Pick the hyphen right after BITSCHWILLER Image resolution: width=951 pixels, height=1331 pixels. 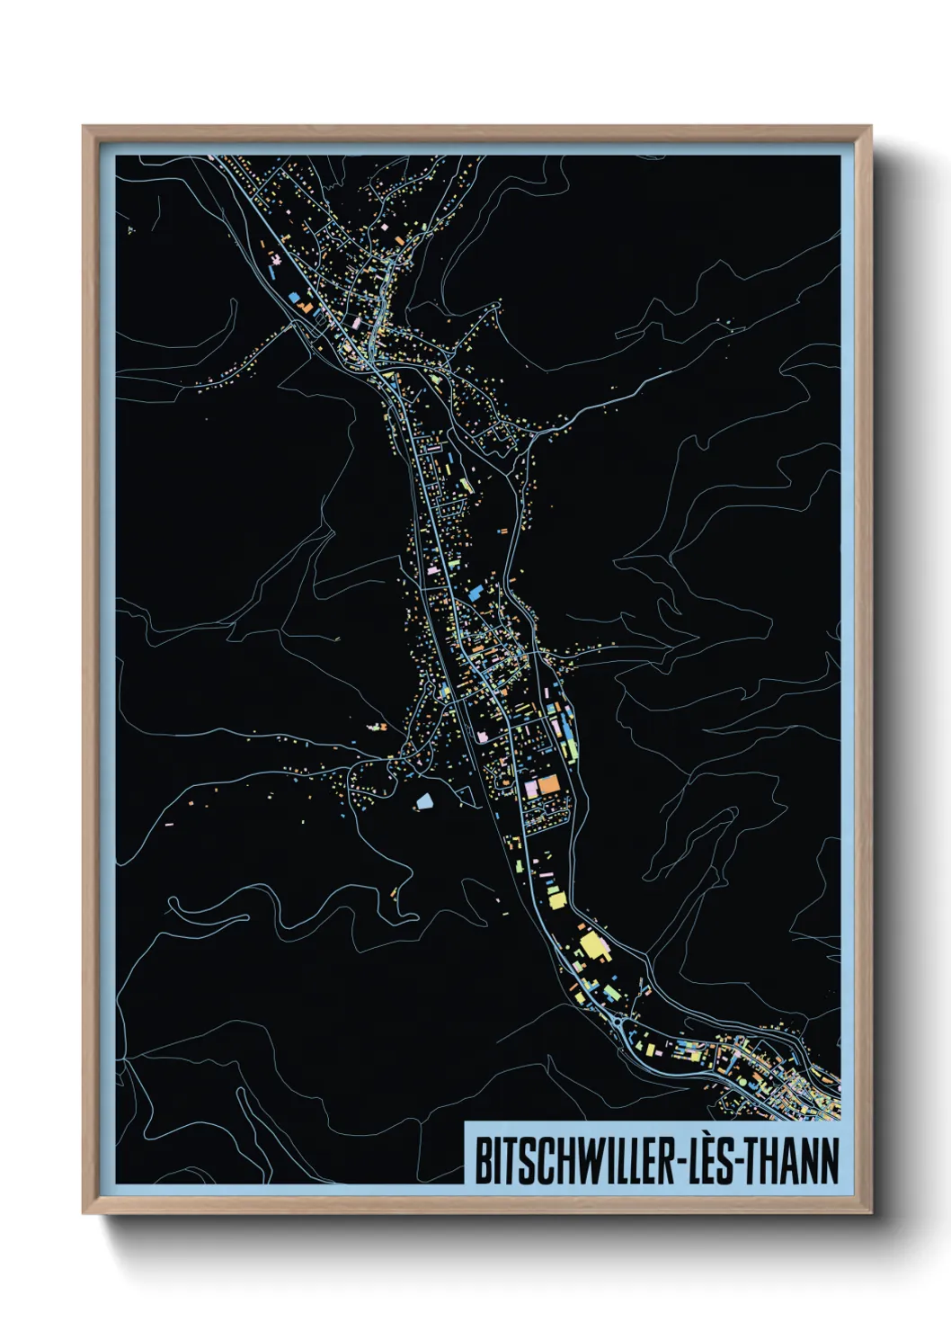[677, 1163]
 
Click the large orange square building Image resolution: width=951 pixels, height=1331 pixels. [548, 784]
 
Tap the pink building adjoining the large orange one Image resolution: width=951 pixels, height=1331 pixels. [531, 789]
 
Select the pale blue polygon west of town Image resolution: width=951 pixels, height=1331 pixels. [423, 799]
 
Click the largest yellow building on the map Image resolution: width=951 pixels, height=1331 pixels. [592, 945]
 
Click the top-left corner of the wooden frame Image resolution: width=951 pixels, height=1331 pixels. [84, 127]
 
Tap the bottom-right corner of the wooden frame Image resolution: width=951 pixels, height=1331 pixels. [869, 1213]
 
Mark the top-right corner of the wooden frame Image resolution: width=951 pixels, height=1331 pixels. [869, 127]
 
